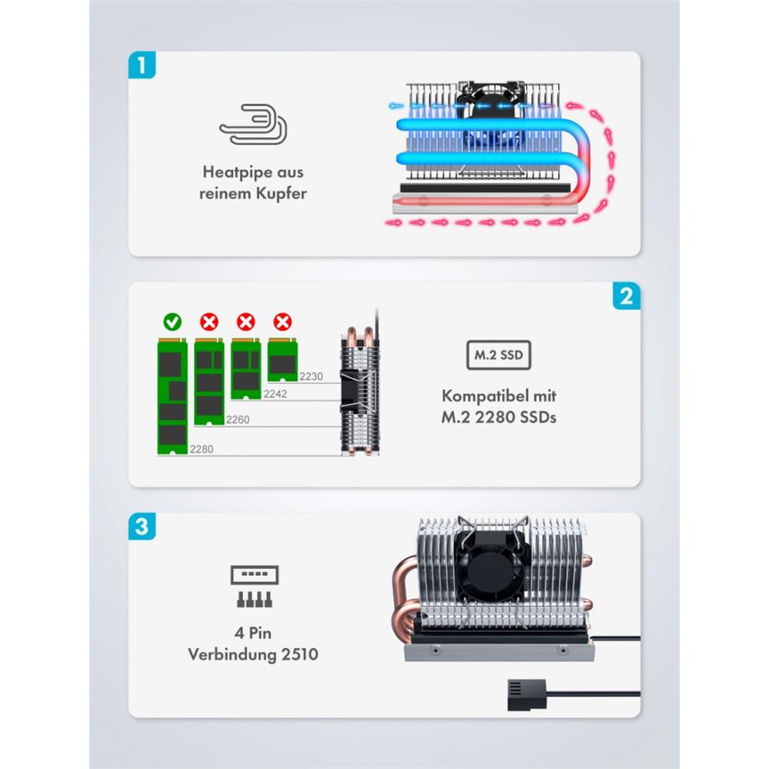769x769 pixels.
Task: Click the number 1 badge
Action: click(x=141, y=65)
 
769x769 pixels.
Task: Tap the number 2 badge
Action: click(x=627, y=295)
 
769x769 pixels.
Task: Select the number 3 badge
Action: click(x=141, y=527)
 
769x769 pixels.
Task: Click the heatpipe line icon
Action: click(x=253, y=125)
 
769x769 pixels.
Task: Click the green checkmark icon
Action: click(x=172, y=321)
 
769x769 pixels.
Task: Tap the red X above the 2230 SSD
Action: click(x=283, y=321)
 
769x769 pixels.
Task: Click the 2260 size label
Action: click(x=237, y=421)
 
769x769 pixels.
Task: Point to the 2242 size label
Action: click(x=275, y=393)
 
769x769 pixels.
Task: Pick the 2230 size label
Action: click(x=312, y=376)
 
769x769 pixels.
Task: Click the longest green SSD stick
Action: click(x=172, y=396)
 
